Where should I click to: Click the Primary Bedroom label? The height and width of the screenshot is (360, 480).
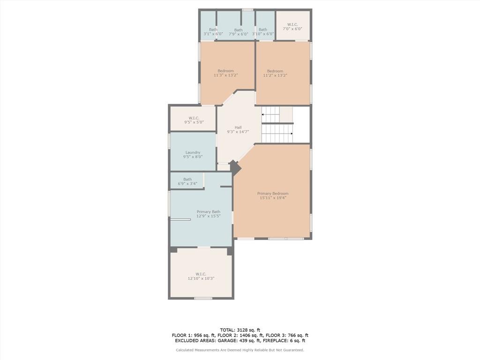point(273,194)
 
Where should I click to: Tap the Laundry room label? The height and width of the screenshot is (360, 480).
point(193,152)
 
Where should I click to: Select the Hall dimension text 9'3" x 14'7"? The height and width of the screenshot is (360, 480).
point(238,132)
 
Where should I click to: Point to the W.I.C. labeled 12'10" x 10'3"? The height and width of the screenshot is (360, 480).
point(201,274)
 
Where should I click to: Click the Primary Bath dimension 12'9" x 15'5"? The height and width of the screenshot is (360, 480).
point(209,216)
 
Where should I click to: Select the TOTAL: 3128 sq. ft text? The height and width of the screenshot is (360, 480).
point(240,330)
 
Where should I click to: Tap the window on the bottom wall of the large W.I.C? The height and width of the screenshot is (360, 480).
point(203,298)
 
